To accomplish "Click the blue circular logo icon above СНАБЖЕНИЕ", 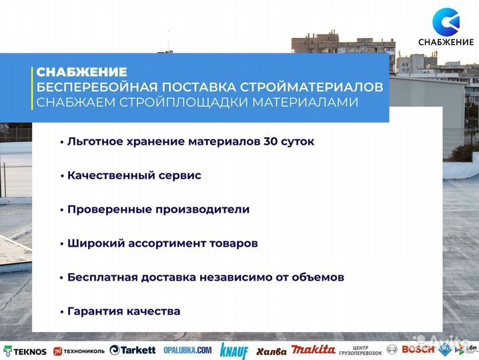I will pyautogui.click(x=446, y=22).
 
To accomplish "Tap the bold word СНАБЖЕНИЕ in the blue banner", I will pyautogui.click(x=81, y=72).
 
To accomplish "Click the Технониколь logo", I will pyautogui.click(x=79, y=351).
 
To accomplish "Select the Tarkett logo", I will pyautogui.click(x=133, y=350).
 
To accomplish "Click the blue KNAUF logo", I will pyautogui.click(x=233, y=350).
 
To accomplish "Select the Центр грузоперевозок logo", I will pyautogui.click(x=360, y=350).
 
